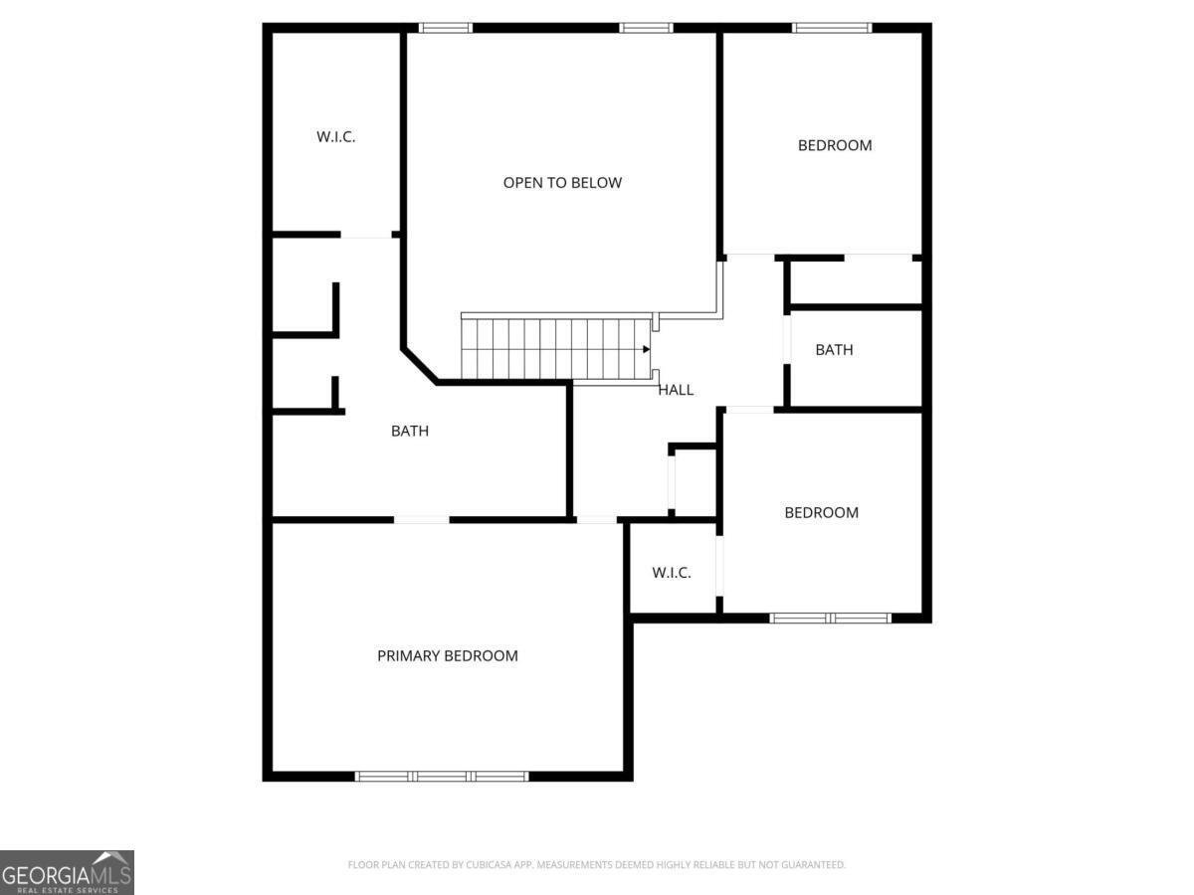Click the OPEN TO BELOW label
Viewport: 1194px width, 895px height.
[562, 183]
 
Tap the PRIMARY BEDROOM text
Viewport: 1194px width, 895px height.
[448, 656]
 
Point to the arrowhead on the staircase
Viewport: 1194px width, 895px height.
[647, 349]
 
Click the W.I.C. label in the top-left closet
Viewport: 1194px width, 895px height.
[336, 137]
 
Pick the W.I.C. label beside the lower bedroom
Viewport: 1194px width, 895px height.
[672, 573]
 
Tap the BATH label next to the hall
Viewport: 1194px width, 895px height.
[834, 350]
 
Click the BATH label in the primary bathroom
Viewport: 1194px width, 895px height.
[410, 432]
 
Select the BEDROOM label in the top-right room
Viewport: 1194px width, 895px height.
[835, 145]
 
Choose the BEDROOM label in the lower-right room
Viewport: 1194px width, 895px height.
[822, 513]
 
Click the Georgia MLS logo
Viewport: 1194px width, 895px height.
[67, 872]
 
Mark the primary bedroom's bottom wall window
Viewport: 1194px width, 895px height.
[442, 776]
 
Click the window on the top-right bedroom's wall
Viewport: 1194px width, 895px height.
[832, 28]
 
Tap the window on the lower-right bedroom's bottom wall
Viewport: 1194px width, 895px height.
[831, 618]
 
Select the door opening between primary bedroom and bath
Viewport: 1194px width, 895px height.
[421, 519]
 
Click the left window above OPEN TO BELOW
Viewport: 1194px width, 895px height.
[446, 28]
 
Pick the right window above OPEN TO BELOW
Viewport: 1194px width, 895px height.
[646, 28]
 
